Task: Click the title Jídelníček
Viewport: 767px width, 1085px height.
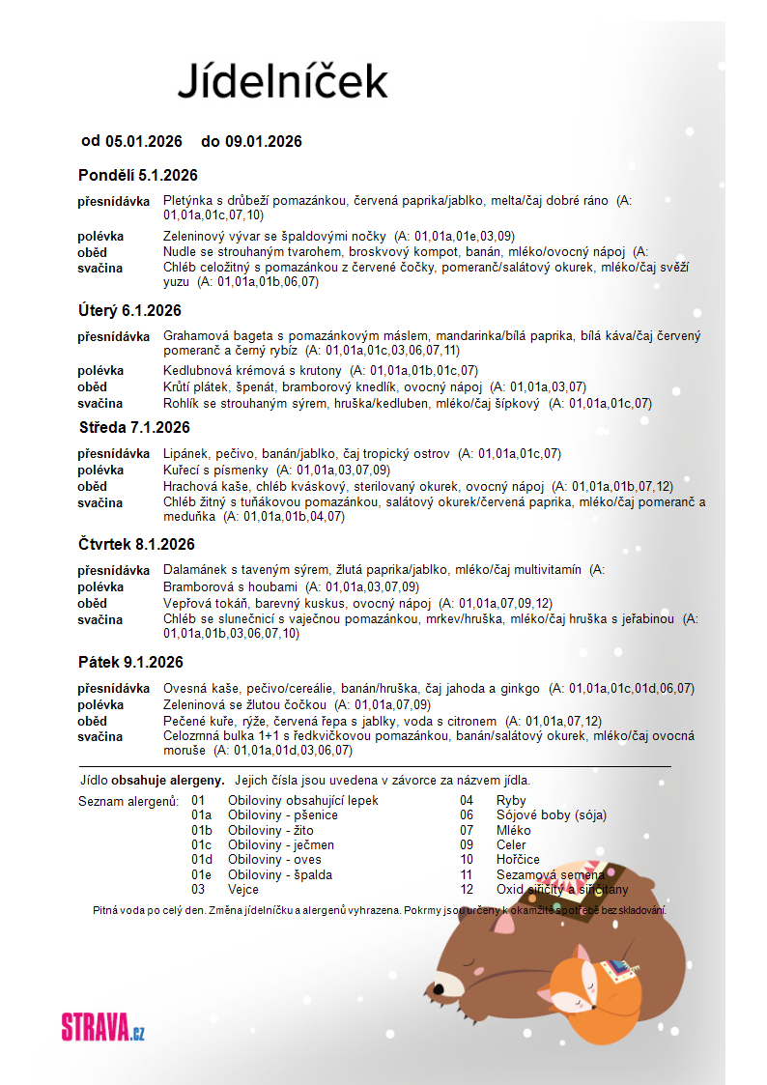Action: pyautogui.click(x=282, y=80)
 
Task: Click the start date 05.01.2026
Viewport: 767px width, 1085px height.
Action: pyautogui.click(x=143, y=141)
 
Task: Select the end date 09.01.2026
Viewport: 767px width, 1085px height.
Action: pyautogui.click(x=263, y=141)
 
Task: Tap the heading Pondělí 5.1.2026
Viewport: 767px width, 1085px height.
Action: pyautogui.click(x=137, y=175)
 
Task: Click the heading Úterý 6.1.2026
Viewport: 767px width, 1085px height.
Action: pyautogui.click(x=129, y=310)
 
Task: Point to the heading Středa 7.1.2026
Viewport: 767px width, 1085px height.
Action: pyautogui.click(x=134, y=427)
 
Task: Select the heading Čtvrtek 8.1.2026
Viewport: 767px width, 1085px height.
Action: pyautogui.click(x=136, y=544)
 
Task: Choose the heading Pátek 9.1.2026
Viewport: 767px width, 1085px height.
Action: pyautogui.click(x=130, y=662)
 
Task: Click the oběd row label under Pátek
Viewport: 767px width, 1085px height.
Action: pyautogui.click(x=93, y=721)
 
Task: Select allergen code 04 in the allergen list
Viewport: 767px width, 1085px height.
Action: pyautogui.click(x=467, y=800)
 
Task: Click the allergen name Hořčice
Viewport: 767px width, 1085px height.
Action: pyautogui.click(x=518, y=859)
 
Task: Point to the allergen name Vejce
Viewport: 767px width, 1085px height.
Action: pyautogui.click(x=243, y=889)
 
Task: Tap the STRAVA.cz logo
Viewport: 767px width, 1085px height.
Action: pyautogui.click(x=102, y=1026)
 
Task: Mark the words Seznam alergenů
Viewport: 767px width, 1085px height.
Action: pyautogui.click(x=128, y=801)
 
